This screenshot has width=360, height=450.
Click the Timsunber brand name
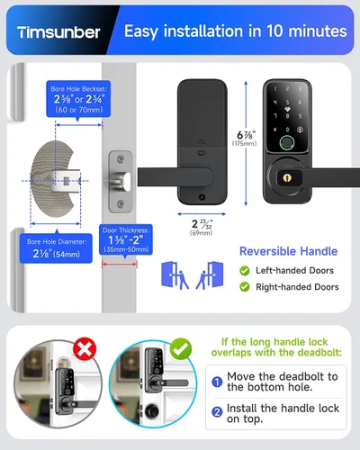[58, 32]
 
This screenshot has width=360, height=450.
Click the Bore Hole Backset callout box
[78, 99]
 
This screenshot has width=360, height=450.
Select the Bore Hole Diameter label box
[56, 248]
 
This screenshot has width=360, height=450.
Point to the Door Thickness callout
[126, 239]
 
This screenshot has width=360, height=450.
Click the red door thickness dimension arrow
[120, 265]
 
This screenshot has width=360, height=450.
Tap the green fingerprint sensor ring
[287, 143]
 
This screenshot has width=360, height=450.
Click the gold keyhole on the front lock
[287, 178]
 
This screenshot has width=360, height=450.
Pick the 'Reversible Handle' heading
[288, 251]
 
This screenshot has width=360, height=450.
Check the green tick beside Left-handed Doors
[245, 271]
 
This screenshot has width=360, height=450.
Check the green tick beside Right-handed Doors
[245, 287]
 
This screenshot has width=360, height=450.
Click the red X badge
[85, 349]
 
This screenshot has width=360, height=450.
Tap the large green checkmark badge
[181, 349]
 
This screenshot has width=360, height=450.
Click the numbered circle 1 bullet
[217, 382]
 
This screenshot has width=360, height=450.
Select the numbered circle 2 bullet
[217, 412]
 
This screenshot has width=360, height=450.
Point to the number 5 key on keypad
[287, 103]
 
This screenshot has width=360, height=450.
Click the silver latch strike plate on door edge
[121, 182]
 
